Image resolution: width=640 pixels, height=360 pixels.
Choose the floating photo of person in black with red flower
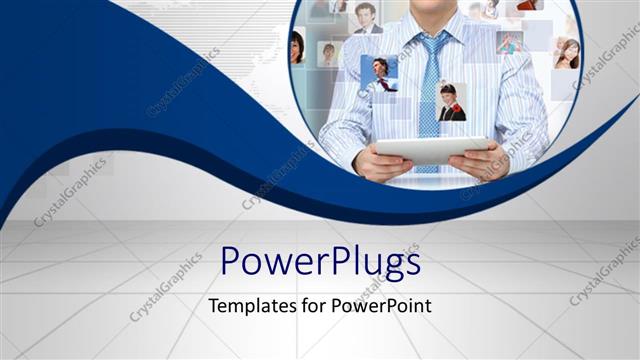pyautogui.click(x=451, y=101)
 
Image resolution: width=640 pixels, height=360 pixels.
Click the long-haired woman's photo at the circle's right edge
pyautogui.click(x=566, y=52)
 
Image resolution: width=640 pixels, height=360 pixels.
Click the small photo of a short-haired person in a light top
pyautogui.click(x=328, y=53)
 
